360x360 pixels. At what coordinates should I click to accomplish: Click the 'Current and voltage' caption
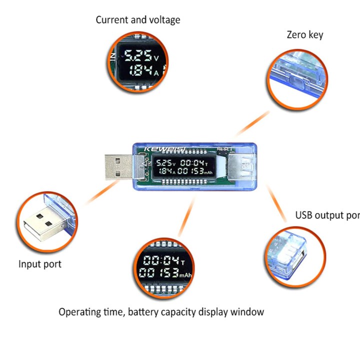click(138, 20)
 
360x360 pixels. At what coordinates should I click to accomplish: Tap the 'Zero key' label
click(304, 34)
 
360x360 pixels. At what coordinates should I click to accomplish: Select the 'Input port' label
click(40, 263)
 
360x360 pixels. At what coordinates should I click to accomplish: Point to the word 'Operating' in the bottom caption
click(80, 312)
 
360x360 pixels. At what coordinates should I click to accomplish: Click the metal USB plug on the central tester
click(118, 166)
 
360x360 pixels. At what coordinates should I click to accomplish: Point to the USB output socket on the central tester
click(241, 166)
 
